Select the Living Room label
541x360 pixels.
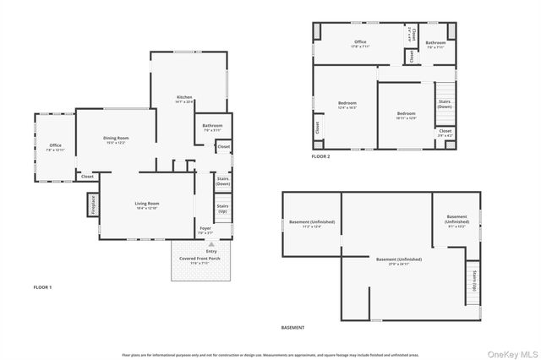[147, 205]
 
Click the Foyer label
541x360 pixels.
[205, 230]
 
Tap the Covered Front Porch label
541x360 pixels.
[206, 260]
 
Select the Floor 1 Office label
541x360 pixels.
[55, 147]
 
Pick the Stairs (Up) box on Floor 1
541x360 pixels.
[222, 208]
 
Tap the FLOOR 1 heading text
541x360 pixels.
[41, 287]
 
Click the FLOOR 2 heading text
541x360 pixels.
[320, 156]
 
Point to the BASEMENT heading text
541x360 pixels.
[292, 327]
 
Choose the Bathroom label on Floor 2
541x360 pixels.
[435, 44]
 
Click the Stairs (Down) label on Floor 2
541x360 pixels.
[445, 104]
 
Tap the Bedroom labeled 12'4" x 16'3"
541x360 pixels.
[347, 105]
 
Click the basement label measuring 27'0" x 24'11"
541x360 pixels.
[398, 260]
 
